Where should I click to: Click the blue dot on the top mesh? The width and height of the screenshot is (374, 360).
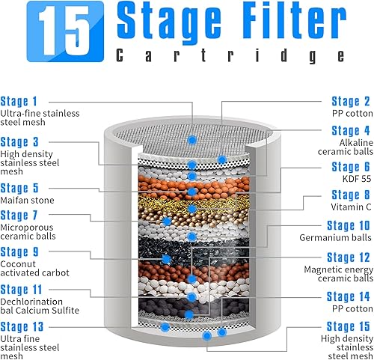[x=192, y=140]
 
